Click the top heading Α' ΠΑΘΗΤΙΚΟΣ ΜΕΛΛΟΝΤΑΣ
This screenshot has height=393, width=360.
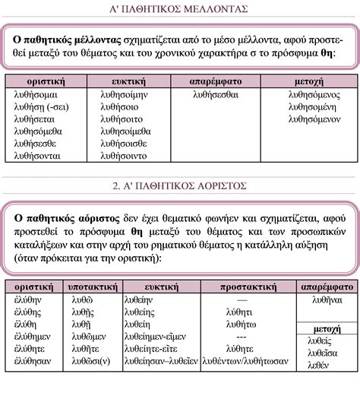pyautogui.click(x=179, y=10)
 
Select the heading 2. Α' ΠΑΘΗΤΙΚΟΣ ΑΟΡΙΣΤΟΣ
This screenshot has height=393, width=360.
pyautogui.click(x=179, y=185)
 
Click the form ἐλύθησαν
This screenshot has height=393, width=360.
pyautogui.click(x=30, y=360)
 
